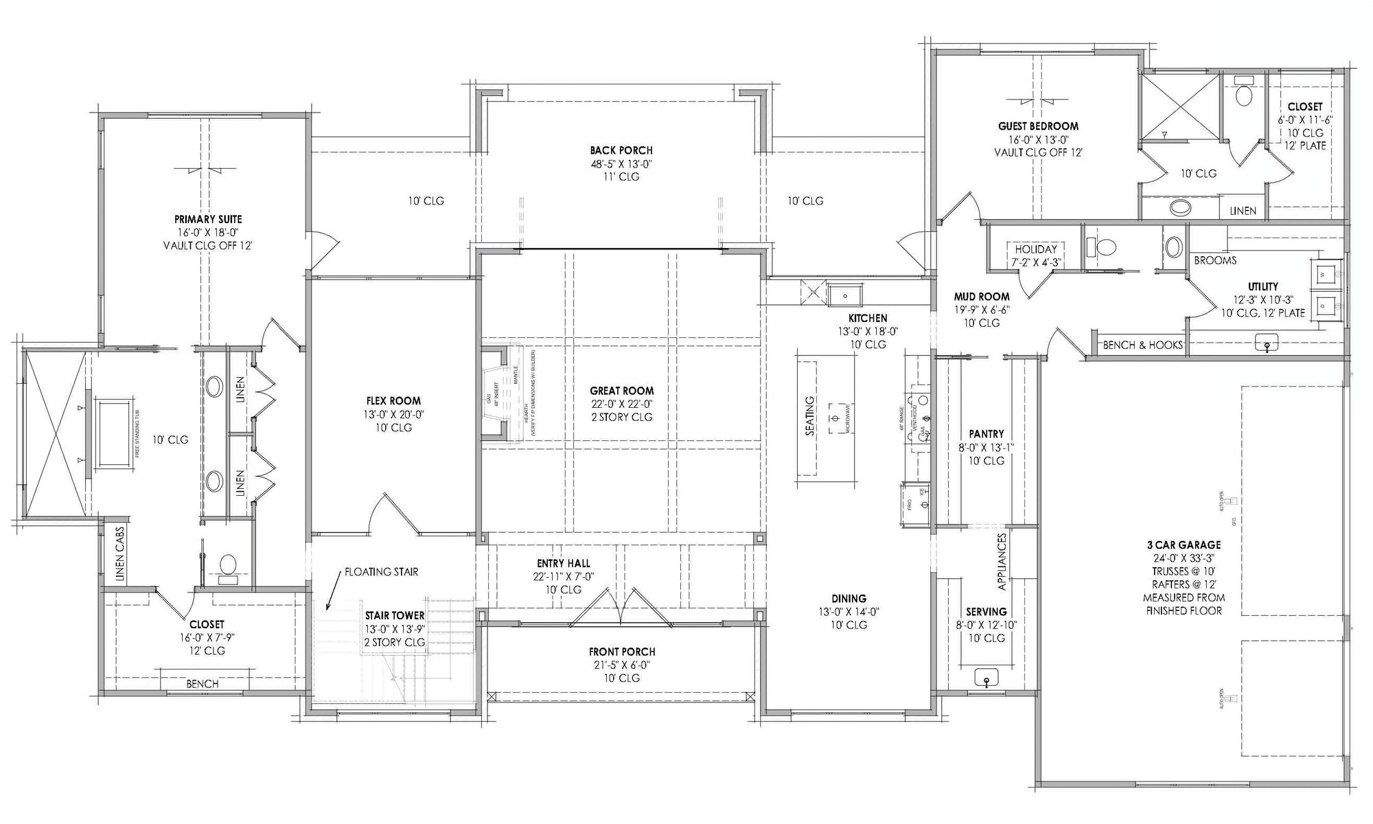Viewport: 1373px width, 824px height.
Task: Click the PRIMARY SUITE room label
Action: pyautogui.click(x=208, y=219)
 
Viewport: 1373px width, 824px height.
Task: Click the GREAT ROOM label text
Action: pyautogui.click(x=622, y=391)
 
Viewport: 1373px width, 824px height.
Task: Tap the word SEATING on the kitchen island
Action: pyautogui.click(x=810, y=416)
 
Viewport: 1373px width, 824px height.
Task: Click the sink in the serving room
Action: pyautogui.click(x=987, y=678)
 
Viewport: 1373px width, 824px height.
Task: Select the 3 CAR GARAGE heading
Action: pyautogui.click(x=1184, y=545)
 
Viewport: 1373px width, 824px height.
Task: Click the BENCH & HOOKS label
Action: pyautogui.click(x=1142, y=345)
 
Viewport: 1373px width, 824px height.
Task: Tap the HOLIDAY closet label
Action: pyautogui.click(x=1036, y=249)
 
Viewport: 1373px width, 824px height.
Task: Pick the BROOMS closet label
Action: pyautogui.click(x=1215, y=260)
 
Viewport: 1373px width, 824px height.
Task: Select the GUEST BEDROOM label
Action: pyautogui.click(x=1038, y=126)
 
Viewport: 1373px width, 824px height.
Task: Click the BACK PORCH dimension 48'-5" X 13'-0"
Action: pyautogui.click(x=621, y=163)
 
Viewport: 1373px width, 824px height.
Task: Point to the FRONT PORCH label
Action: pyautogui.click(x=622, y=652)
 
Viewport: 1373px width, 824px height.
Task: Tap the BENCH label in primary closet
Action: pyautogui.click(x=203, y=683)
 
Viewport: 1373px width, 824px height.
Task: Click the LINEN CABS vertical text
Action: pyautogui.click(x=120, y=555)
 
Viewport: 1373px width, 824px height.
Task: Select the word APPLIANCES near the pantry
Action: pyautogui.click(x=1001, y=562)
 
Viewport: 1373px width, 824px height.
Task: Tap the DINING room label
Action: pyautogui.click(x=849, y=598)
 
